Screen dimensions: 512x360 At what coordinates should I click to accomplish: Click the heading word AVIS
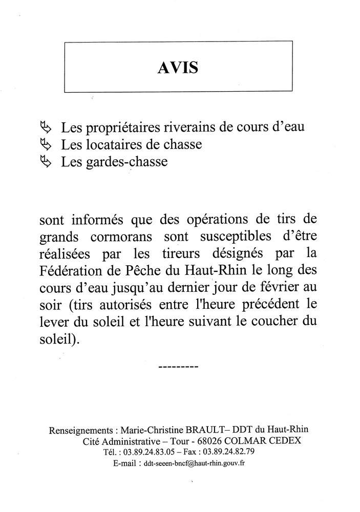point(178,68)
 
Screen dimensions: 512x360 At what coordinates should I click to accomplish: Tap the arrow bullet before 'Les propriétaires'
point(46,126)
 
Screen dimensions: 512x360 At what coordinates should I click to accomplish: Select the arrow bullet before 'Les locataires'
point(46,144)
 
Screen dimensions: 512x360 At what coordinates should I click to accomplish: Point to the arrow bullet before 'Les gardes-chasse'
point(46,162)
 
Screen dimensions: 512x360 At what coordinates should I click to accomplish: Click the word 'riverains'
point(177,126)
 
